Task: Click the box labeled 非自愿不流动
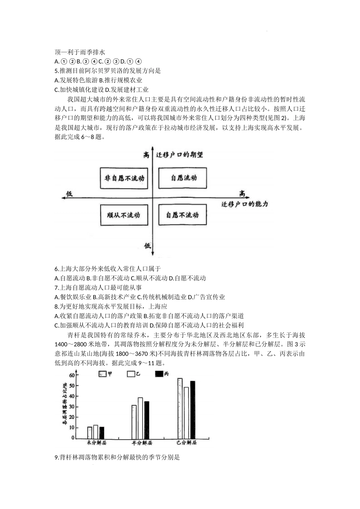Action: pos(124,178)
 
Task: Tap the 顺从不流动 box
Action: pos(124,215)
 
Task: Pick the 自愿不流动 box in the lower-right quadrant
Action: pos(182,215)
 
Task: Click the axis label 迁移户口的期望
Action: pos(179,155)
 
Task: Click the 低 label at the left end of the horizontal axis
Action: pos(70,194)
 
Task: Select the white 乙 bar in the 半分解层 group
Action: pos(140,418)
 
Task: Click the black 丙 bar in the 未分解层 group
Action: pos(102,432)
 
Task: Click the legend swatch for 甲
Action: pos(102,374)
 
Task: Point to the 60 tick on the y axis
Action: pos(72,375)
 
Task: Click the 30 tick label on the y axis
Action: pos(72,407)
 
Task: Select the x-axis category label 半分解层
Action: pos(141,443)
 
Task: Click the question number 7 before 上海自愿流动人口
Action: pos(56,288)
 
